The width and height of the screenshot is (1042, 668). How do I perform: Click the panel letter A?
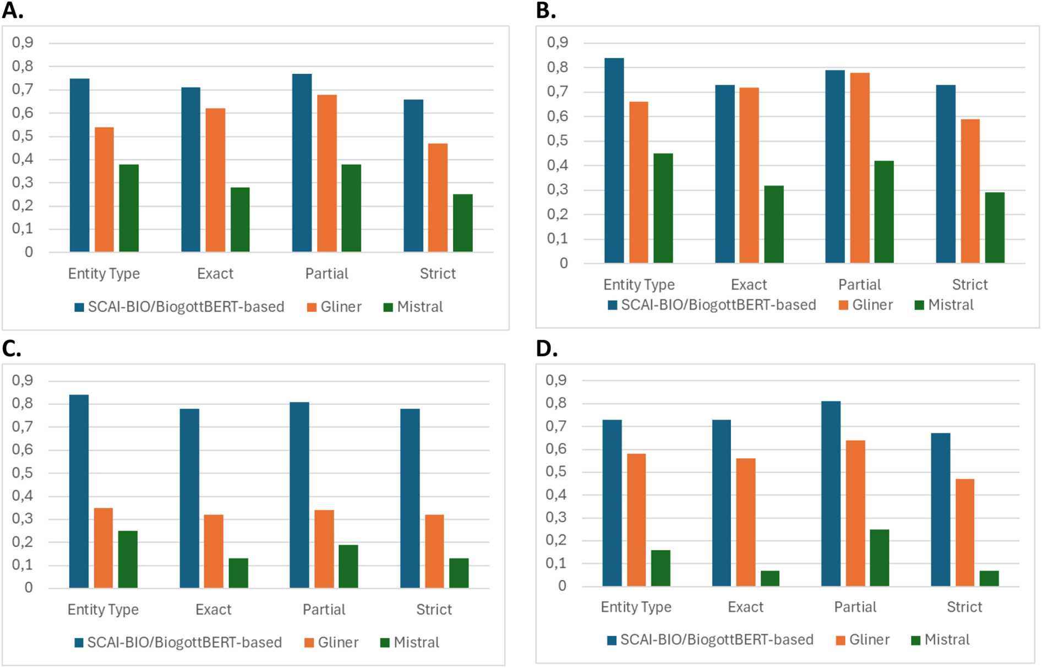(x=12, y=10)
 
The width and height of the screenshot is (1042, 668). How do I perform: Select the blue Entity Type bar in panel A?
(x=80, y=165)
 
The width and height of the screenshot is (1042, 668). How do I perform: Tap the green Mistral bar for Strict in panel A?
(x=462, y=223)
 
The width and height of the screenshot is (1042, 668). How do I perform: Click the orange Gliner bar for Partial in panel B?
(x=860, y=168)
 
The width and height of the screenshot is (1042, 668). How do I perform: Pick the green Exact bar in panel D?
(x=770, y=578)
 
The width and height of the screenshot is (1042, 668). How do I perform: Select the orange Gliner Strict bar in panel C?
(x=434, y=551)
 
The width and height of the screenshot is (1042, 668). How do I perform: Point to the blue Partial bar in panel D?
(x=831, y=493)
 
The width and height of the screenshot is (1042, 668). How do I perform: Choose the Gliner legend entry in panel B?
(x=865, y=305)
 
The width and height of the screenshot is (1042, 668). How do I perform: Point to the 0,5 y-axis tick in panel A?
(x=23, y=136)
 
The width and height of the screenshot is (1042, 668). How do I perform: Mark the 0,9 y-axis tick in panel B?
(x=557, y=42)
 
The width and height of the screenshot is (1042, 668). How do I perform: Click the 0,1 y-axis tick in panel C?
(x=23, y=565)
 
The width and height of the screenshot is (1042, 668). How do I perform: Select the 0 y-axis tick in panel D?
(x=561, y=586)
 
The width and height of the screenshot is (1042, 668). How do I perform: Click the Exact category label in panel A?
(x=215, y=274)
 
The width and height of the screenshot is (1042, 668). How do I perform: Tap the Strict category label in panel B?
(x=969, y=285)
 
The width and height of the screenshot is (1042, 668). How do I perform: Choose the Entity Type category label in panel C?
(x=103, y=610)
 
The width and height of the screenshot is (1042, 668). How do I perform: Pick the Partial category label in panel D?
(x=855, y=607)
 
